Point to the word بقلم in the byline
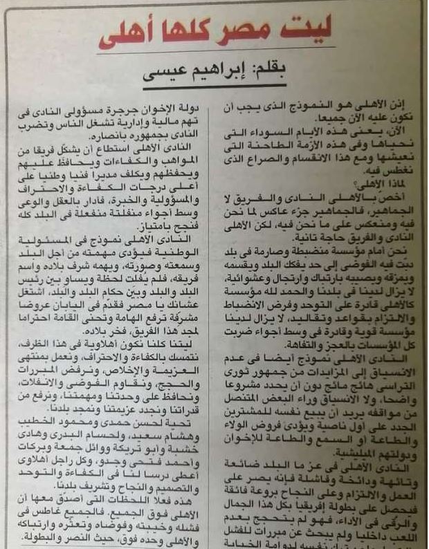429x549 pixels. tap(297, 73)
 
